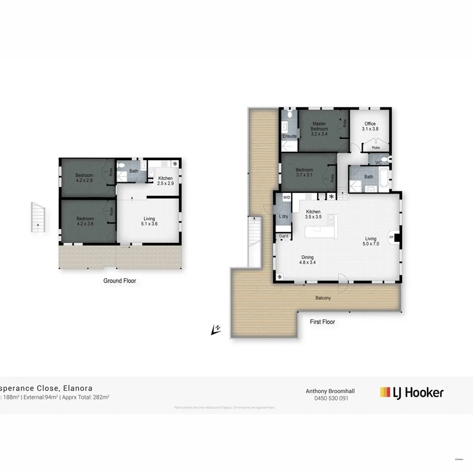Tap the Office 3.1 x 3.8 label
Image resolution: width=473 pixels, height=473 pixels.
click(x=370, y=127)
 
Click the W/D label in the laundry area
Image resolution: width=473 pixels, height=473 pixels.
click(x=286, y=198)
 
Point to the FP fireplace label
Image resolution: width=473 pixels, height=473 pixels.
click(x=390, y=237)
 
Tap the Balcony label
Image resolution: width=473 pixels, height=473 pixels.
click(x=323, y=298)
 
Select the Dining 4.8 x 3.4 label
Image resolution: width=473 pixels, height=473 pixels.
click(x=307, y=260)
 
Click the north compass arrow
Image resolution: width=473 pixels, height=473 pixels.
click(x=215, y=330)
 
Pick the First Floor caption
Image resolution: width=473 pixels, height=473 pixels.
click(x=322, y=322)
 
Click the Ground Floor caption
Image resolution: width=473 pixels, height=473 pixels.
click(x=120, y=281)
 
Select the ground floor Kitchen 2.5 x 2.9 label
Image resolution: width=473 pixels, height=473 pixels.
click(x=166, y=181)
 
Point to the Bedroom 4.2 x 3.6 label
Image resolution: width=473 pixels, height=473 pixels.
click(x=85, y=221)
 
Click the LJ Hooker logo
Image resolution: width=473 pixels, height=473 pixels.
click(x=412, y=392)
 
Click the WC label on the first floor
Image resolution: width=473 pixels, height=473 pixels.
click(x=378, y=162)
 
